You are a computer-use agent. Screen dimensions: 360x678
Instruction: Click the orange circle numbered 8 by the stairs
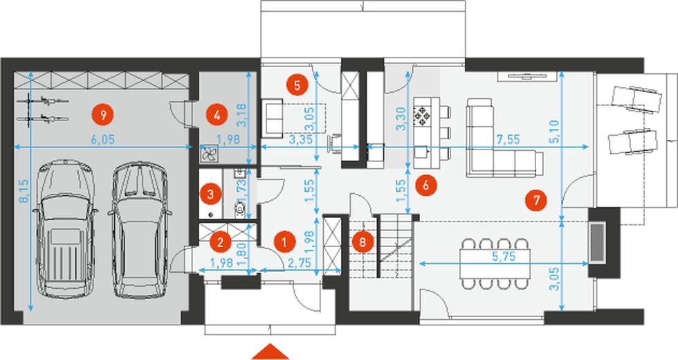tap(361, 242)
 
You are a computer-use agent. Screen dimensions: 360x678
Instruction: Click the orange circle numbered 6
tap(425, 185)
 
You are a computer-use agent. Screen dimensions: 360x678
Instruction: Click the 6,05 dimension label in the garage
tap(103, 139)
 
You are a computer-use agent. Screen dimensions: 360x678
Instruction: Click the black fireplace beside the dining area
tap(598, 242)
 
